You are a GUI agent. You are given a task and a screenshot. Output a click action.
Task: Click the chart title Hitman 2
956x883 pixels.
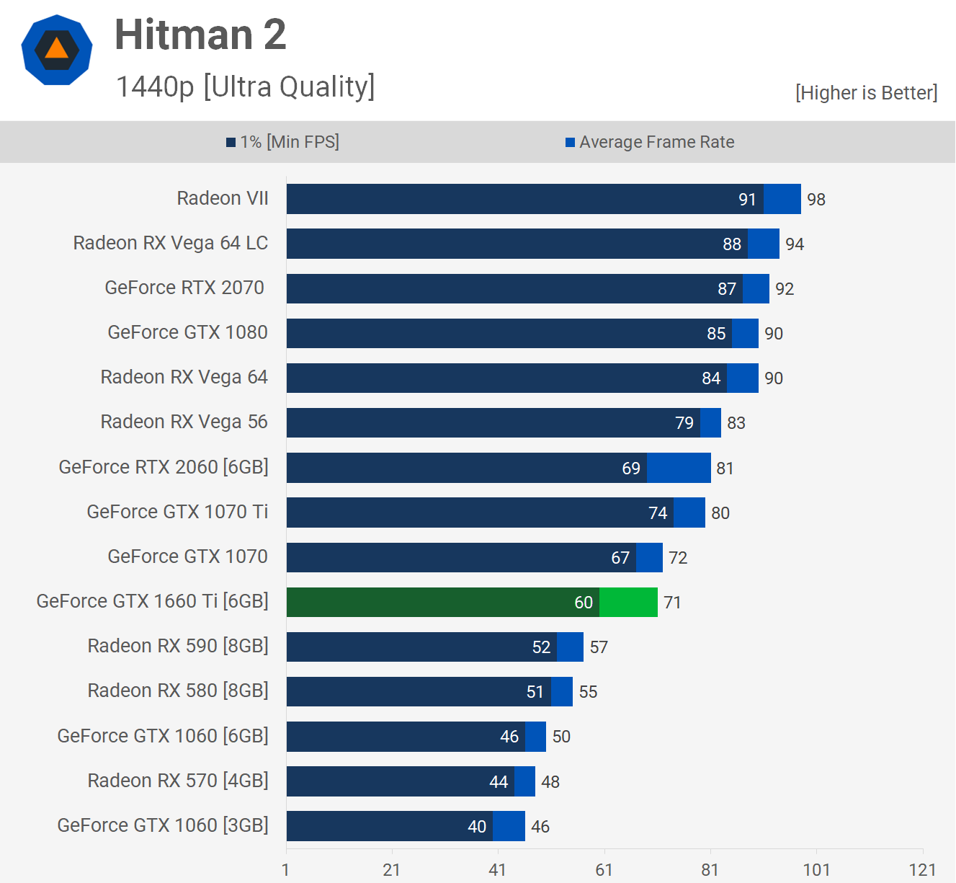200,35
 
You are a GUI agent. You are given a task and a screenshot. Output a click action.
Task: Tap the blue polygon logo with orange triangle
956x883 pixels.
57,50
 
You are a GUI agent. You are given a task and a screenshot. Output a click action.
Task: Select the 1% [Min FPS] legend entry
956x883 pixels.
282,142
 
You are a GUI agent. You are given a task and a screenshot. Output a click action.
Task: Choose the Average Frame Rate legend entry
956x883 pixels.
650,142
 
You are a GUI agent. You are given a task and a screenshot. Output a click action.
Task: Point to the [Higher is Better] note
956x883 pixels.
866,93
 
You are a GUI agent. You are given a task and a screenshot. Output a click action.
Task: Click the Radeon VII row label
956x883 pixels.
223,198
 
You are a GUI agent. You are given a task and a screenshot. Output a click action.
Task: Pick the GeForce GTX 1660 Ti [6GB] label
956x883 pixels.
152,601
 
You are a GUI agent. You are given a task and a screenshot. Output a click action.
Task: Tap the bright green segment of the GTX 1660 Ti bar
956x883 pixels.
628,603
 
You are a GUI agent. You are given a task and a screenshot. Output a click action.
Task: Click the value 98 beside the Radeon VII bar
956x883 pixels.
816,200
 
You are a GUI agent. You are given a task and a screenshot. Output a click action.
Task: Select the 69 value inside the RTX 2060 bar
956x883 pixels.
631,469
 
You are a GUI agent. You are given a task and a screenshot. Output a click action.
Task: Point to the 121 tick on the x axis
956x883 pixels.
922,870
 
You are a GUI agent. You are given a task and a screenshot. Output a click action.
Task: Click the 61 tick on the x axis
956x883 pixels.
604,870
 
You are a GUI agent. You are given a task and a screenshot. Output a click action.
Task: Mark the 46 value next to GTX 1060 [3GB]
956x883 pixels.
540,827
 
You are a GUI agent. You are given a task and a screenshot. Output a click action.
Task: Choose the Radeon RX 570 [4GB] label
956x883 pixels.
178,781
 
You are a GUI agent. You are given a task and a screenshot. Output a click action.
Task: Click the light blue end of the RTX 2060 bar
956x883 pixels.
679,468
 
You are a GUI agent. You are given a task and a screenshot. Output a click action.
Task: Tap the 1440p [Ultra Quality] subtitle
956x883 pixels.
245,86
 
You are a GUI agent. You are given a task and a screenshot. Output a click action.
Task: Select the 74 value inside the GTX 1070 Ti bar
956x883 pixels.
658,513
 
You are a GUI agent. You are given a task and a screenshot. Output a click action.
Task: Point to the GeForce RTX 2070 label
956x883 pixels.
184,288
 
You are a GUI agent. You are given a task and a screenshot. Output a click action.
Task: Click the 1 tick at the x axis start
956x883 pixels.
286,870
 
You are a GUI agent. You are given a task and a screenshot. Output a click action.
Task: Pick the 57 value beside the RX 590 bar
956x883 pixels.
599,647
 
